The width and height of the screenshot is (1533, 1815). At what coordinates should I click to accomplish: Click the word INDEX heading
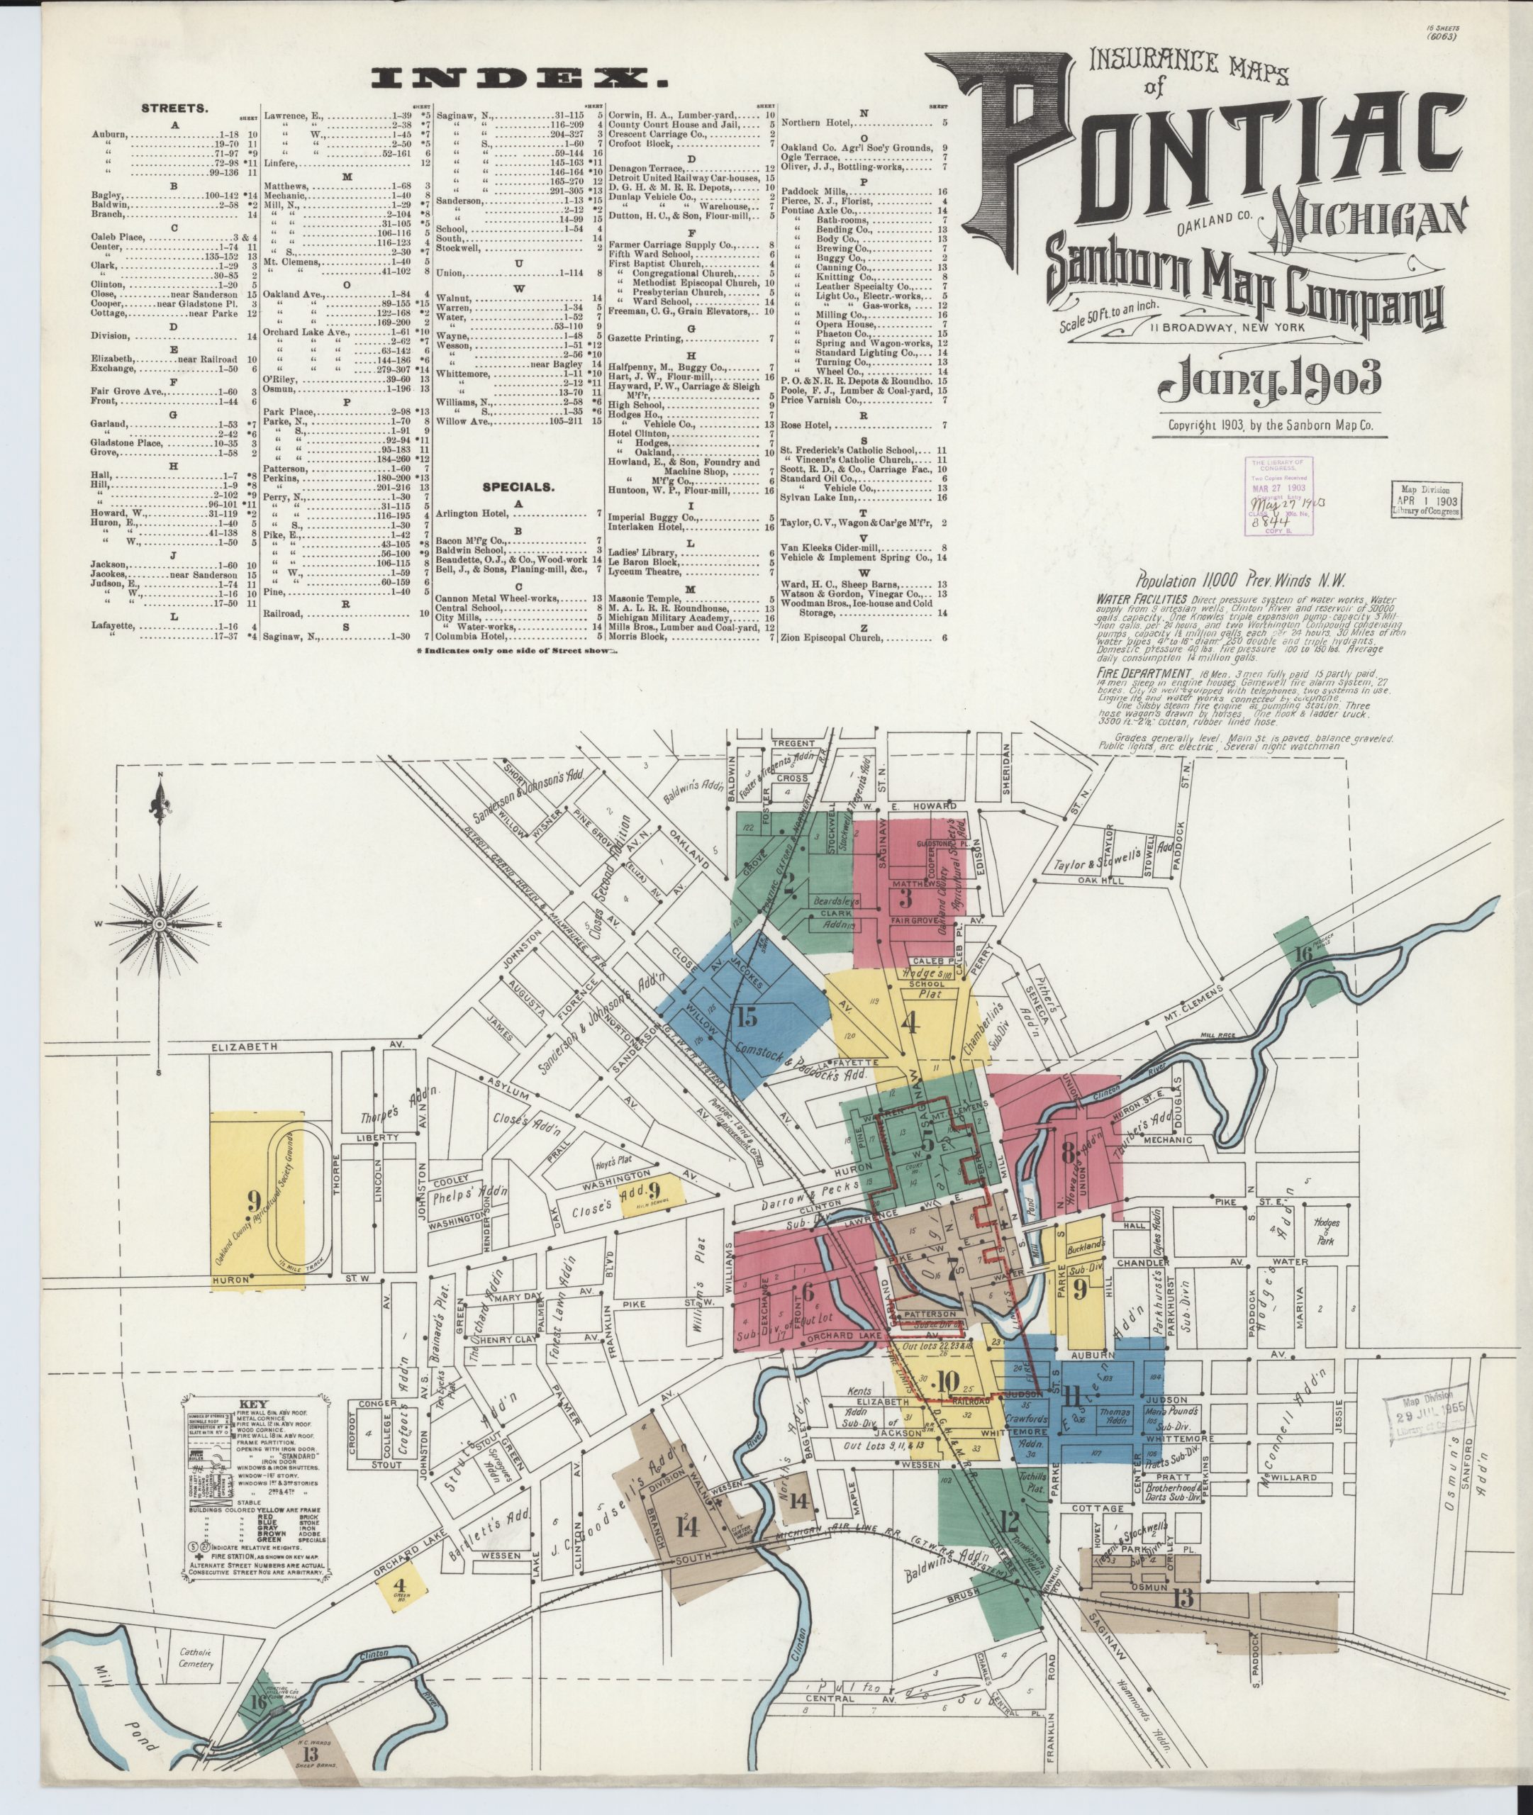point(520,79)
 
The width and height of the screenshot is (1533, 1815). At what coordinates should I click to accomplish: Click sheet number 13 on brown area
point(1183,1597)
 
